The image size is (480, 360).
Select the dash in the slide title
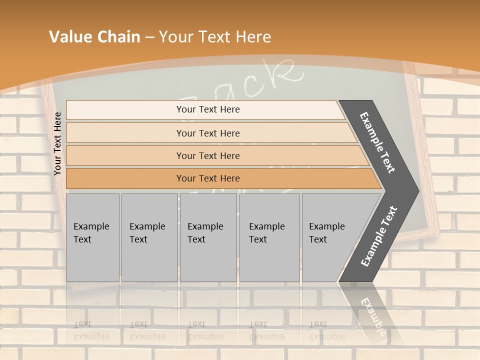pyautogui.click(x=149, y=37)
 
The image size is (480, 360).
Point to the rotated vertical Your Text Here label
pyautogui.click(x=58, y=143)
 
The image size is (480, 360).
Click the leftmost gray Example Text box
pyautogui.click(x=92, y=237)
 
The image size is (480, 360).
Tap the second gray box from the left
pyautogui.click(x=149, y=237)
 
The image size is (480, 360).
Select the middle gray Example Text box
pyautogui.click(x=208, y=237)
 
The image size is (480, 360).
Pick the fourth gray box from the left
pyautogui.click(x=269, y=237)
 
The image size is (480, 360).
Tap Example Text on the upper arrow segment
pyautogui.click(x=377, y=142)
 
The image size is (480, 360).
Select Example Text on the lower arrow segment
pyautogui.click(x=379, y=236)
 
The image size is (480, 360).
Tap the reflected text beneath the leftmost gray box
pyautogui.click(x=91, y=330)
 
